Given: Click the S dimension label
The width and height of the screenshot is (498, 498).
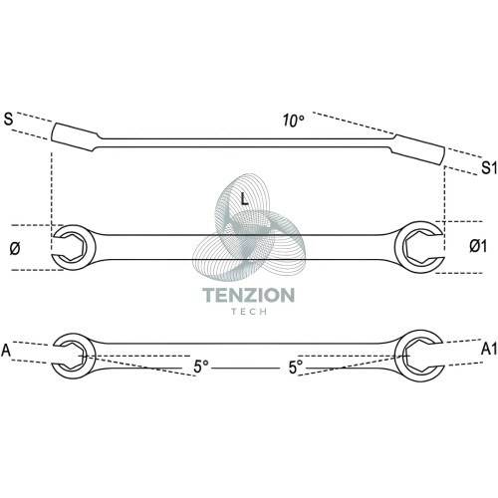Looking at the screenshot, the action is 8,120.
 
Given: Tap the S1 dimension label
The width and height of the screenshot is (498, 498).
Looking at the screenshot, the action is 489,167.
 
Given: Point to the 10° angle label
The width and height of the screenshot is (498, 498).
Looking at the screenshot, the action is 294,121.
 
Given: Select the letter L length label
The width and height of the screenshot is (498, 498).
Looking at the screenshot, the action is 244,198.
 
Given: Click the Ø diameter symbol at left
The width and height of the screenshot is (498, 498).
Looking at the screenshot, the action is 15,248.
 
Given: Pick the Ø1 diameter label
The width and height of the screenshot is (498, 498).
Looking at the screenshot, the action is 478,246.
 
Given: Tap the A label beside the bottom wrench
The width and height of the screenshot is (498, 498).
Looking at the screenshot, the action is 6,351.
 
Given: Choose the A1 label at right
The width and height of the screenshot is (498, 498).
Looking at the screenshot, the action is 489,349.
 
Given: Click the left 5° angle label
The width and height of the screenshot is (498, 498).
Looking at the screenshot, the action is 201,367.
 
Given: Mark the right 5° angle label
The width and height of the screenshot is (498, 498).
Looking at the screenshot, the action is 296,368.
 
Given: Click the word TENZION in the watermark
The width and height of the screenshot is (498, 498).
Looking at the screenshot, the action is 248,295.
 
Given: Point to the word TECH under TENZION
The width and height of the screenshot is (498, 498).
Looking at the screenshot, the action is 249,312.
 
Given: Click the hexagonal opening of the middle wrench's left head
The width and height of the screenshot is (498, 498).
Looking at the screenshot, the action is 72,247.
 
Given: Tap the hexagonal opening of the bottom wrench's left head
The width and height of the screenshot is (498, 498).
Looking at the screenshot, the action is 71,357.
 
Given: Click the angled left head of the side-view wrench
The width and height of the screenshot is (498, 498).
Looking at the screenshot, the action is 75,137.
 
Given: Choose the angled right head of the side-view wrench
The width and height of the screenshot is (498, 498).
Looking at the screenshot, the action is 419,149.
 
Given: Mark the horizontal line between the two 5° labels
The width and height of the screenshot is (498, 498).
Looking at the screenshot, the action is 245,368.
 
